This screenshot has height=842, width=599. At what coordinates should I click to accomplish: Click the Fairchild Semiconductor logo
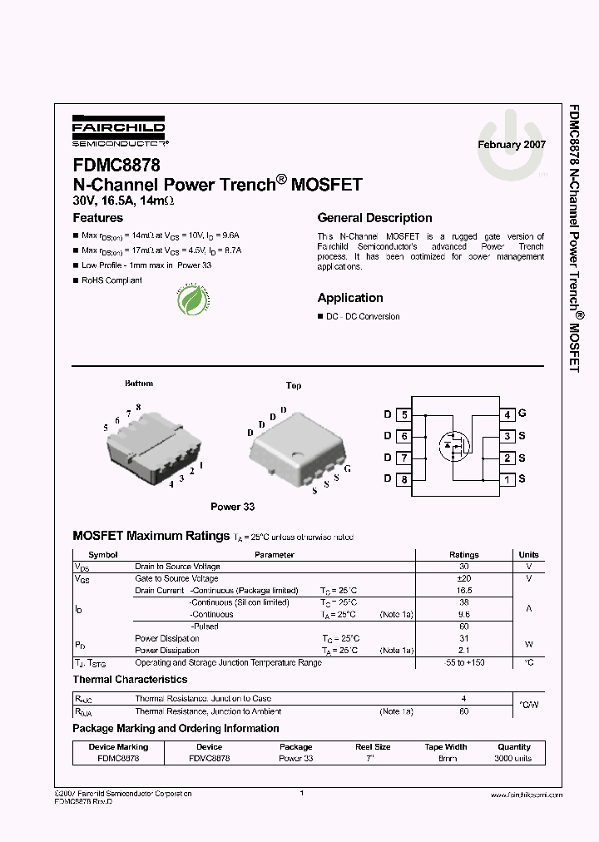click(118, 130)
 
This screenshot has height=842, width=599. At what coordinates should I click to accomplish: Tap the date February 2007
click(511, 145)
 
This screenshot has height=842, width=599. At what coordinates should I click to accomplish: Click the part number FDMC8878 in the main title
click(116, 166)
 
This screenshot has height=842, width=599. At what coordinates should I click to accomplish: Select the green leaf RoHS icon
click(193, 300)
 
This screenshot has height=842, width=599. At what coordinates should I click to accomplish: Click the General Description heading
click(374, 218)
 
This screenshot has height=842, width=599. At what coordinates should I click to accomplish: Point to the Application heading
click(350, 298)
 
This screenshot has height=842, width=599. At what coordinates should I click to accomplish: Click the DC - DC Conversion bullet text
click(363, 317)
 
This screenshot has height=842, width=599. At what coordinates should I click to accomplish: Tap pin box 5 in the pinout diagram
click(403, 414)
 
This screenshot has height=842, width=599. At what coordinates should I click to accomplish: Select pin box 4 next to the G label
click(507, 414)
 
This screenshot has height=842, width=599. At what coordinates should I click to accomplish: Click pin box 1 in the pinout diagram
click(507, 479)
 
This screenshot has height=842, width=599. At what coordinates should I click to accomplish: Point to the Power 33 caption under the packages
click(232, 507)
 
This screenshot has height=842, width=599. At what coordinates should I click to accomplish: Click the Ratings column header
click(464, 555)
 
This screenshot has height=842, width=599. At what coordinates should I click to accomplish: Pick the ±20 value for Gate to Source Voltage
click(464, 578)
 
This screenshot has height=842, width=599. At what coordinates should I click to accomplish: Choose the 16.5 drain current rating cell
click(464, 590)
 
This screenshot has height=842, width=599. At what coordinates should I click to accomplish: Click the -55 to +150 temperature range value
click(464, 663)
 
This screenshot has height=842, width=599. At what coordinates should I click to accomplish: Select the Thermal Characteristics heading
click(130, 680)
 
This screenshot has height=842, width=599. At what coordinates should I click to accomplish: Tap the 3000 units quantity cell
click(513, 759)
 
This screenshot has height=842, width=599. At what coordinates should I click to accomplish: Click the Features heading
click(98, 218)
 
